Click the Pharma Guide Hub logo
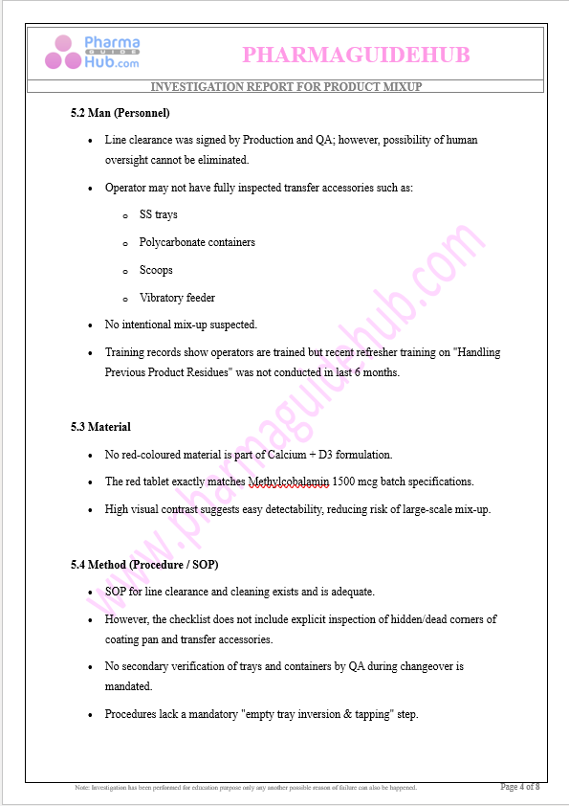pos(92,52)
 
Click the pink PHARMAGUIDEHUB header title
pos(356,56)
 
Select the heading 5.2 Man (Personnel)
pos(120,113)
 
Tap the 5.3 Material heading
pos(100,427)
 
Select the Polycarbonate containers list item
pos(197,242)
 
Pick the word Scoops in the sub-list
pos(156,270)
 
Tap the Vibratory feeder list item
pos(177,298)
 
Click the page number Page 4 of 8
pos(520,787)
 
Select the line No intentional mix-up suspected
pos(181,325)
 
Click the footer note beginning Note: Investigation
pos(246,788)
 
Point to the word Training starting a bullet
pos(123,352)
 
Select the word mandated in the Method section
pos(128,686)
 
